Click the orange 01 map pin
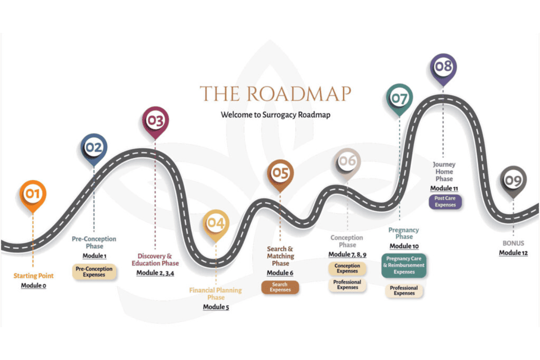pyautogui.click(x=32, y=194)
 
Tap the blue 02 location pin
pyautogui.click(x=94, y=148)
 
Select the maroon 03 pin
pyautogui.click(x=155, y=120)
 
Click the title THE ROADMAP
pyautogui.click(x=275, y=94)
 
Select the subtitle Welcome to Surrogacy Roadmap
pyautogui.click(x=275, y=115)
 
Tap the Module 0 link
pyautogui.click(x=33, y=285)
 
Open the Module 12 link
pyautogui.click(x=513, y=253)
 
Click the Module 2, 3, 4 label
pyautogui.click(x=155, y=273)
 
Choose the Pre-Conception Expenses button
pyautogui.click(x=94, y=272)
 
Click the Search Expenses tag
pyautogui.click(x=280, y=287)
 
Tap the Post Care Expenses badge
pyautogui.click(x=445, y=202)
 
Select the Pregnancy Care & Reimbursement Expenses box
pyautogui.click(x=404, y=265)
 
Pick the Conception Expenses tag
pyautogui.click(x=347, y=269)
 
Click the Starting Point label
pyautogui.click(x=33, y=276)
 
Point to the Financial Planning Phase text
pyautogui.click(x=216, y=294)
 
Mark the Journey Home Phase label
pyautogui.click(x=444, y=171)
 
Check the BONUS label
pyautogui.click(x=513, y=243)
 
